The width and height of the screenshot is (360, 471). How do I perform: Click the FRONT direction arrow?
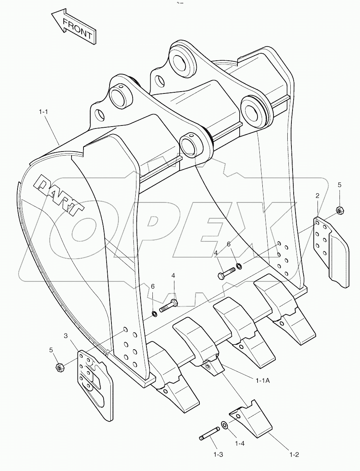tap(73, 28)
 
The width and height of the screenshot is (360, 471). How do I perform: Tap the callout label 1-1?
tap(44, 111)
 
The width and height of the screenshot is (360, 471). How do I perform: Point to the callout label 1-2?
tap(294, 455)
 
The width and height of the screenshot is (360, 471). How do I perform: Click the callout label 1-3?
tap(218, 455)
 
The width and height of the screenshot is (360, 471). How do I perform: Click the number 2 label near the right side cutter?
tap(317, 195)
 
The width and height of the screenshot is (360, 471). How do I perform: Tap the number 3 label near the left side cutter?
tap(66, 336)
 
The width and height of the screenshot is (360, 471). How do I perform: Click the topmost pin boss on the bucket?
tap(182, 60)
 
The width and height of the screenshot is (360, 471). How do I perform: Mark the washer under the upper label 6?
tap(238, 266)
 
